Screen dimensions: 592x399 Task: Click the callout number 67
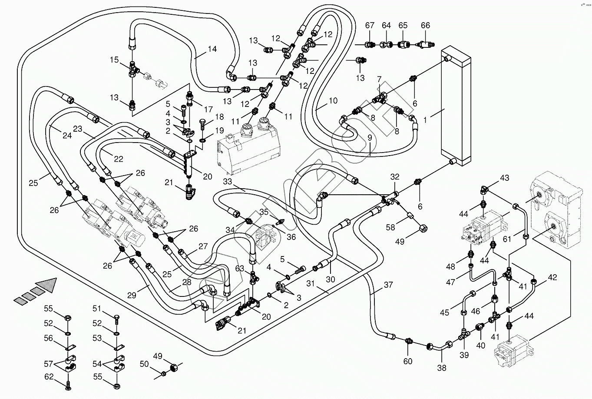370,25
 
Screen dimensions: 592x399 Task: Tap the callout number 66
426,25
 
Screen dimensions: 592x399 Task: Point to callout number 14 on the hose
212,49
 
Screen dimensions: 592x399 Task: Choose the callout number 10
333,101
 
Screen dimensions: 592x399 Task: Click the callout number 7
379,79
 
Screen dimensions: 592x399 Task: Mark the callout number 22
119,159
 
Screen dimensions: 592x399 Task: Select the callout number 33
227,181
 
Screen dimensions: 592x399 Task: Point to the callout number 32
395,176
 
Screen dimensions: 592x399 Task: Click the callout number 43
505,178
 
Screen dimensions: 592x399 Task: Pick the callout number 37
388,285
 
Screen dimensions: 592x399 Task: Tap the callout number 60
408,361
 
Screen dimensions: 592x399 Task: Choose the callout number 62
49,376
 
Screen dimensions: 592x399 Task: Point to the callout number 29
132,295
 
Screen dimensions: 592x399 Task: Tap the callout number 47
450,282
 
